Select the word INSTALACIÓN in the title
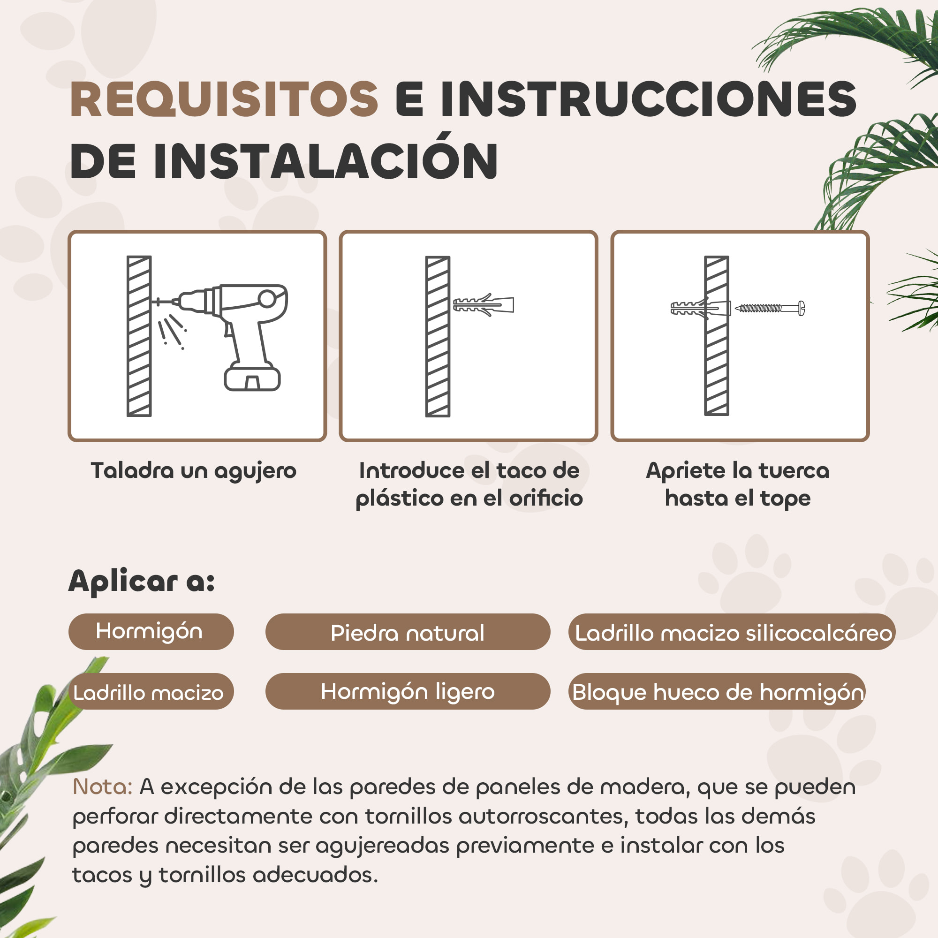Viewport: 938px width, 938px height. click(x=326, y=162)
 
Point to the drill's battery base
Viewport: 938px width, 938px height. click(x=252, y=378)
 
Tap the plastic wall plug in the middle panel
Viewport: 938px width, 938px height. click(x=484, y=305)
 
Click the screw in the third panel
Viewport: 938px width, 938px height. click(x=770, y=308)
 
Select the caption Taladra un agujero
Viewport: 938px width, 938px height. click(x=194, y=470)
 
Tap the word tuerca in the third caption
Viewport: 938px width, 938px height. click(x=794, y=470)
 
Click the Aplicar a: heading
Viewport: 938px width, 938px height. click(x=142, y=581)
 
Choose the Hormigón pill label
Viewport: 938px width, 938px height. click(x=150, y=632)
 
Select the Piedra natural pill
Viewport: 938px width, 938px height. click(x=408, y=633)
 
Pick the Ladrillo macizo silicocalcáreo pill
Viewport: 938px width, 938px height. click(x=733, y=633)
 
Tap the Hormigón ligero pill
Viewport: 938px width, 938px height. click(x=408, y=691)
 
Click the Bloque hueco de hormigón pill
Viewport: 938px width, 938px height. click(x=718, y=692)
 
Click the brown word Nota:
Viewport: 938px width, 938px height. click(x=102, y=787)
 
